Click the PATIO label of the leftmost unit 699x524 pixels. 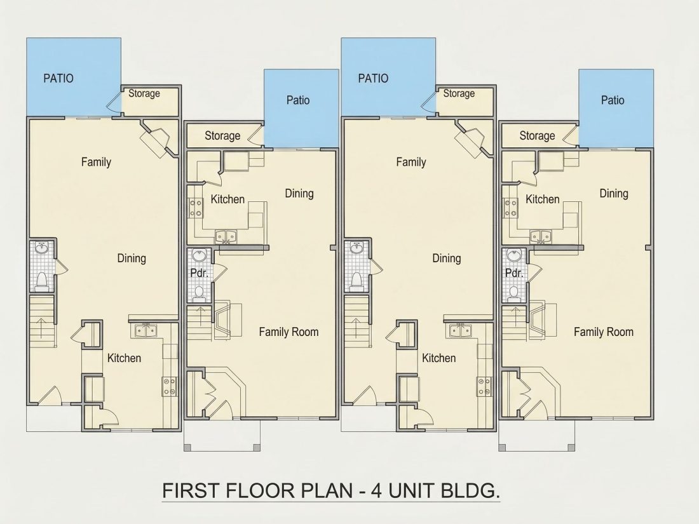click(x=58, y=78)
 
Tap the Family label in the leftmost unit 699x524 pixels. click(x=97, y=162)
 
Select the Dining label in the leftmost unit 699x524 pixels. click(x=132, y=259)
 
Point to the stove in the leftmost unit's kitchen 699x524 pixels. click(x=169, y=386)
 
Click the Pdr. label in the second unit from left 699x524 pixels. click(x=200, y=272)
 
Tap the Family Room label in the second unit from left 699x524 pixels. click(x=289, y=332)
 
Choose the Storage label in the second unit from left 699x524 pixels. click(x=222, y=136)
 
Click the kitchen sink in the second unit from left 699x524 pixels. click(x=226, y=236)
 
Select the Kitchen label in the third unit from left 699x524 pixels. click(x=439, y=358)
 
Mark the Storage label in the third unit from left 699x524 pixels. click(x=459, y=93)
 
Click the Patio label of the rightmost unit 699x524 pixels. click(x=613, y=100)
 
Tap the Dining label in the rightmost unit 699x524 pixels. click(x=614, y=193)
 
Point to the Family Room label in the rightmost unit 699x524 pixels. click(x=604, y=332)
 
